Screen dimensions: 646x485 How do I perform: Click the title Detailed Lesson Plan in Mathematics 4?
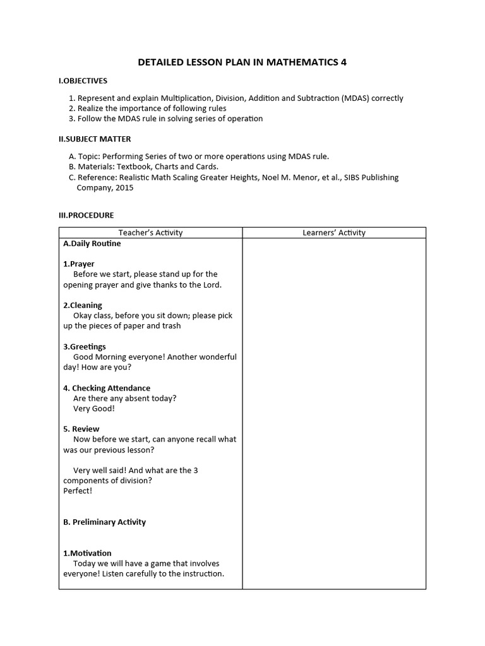pos(242,62)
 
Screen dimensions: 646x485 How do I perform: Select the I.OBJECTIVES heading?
pos(83,81)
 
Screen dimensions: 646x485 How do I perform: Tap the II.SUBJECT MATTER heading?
pos(95,139)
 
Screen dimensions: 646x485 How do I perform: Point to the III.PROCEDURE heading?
pos(86,215)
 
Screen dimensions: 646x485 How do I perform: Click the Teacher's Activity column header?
pos(150,233)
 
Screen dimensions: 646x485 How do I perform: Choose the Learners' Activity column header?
pos(334,233)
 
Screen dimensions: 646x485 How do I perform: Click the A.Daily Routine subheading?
pos(92,244)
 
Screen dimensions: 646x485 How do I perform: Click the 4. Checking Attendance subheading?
pos(107,388)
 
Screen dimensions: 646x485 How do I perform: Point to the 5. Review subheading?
pos(81,429)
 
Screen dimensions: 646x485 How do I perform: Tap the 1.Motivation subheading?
pos(87,553)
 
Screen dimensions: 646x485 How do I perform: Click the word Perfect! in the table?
pos(78,490)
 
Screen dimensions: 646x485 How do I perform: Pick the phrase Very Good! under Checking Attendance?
pos(94,408)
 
